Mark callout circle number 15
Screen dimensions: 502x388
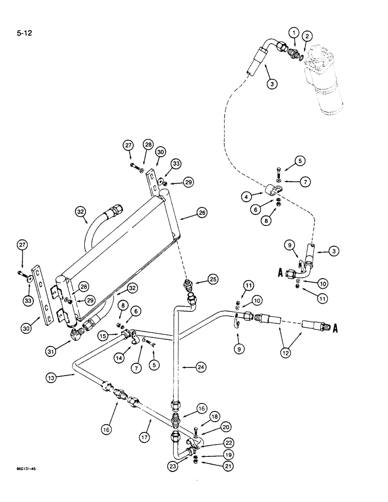[103, 335]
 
